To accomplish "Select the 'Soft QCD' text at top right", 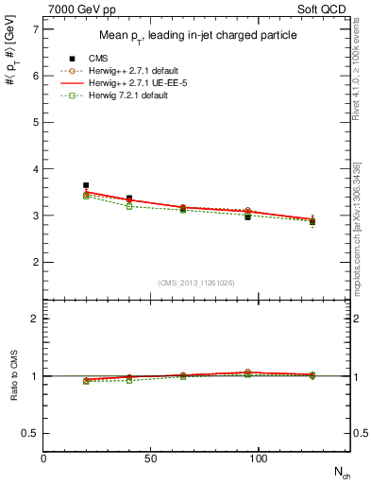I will pos(323,10).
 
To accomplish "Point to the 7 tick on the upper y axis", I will pos(36,29).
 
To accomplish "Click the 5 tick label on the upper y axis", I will pos(36,122).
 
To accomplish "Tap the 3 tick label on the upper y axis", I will pos(36,216).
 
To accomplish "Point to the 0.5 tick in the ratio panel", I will pos(31,433).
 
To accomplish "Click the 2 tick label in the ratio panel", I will pos(36,319).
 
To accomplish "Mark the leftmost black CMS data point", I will pos(86,185).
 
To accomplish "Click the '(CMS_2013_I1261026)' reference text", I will pos(197,283).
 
